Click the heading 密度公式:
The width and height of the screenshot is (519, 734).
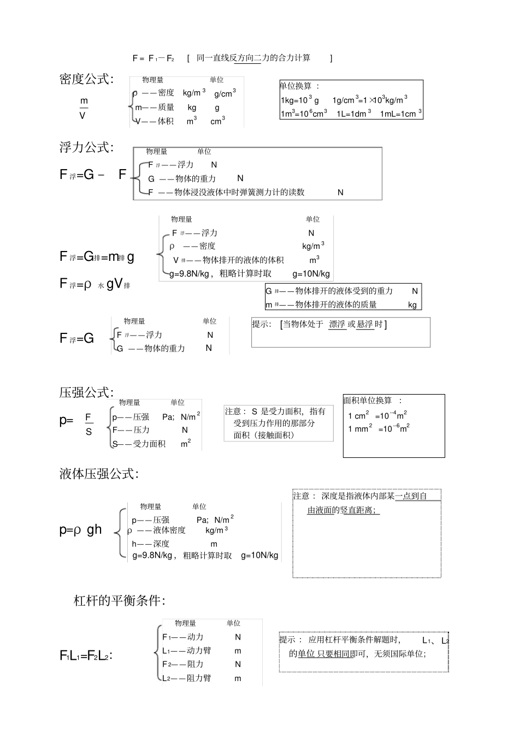point(86,79)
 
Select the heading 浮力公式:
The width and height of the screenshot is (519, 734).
point(86,147)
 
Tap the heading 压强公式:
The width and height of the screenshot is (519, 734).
point(86,392)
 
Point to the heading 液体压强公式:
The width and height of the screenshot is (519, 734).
point(99,474)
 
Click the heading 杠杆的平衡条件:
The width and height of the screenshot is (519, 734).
point(119,601)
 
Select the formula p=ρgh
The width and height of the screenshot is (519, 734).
point(80,529)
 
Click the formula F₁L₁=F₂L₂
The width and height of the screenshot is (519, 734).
point(86,655)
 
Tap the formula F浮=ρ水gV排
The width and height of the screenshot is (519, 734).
point(95,284)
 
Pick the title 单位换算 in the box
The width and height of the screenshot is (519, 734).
point(296,86)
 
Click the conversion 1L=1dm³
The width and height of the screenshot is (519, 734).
point(353,114)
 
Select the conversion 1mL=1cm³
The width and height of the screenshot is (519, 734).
point(401,114)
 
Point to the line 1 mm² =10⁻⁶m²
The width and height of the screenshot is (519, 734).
point(379,428)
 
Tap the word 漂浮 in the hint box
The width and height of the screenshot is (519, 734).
point(337,324)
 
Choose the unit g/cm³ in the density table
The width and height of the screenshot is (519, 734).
point(225,93)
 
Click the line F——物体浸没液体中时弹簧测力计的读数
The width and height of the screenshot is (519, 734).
point(226,192)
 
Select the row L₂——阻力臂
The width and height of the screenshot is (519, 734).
point(187,678)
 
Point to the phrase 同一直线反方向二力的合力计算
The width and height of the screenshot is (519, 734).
point(253,58)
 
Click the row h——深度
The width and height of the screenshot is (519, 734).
point(151,544)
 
